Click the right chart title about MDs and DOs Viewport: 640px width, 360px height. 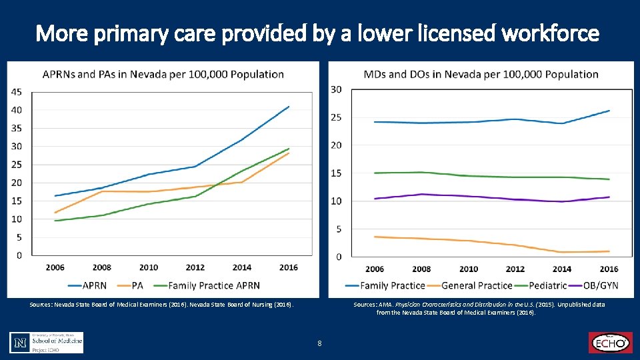[x=481, y=74]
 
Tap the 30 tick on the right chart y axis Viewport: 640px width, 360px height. [x=337, y=89]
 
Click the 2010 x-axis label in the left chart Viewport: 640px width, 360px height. [x=149, y=267]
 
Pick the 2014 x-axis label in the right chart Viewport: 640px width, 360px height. [x=562, y=269]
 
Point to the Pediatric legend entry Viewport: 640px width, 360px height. [x=539, y=285]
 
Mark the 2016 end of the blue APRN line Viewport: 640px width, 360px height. [x=289, y=106]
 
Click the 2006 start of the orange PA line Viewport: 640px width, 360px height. [x=55, y=213]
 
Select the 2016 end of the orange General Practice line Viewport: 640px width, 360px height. [x=609, y=251]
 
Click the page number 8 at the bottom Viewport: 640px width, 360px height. [x=320, y=343]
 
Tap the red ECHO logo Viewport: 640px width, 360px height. [x=609, y=343]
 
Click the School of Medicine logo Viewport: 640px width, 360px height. [x=47, y=342]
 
